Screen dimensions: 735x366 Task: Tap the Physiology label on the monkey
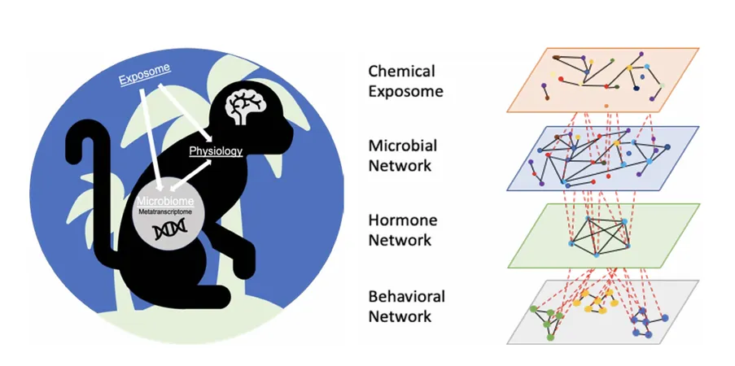point(216,151)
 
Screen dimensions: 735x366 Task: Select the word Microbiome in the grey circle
point(165,202)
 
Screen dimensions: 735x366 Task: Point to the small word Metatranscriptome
point(165,211)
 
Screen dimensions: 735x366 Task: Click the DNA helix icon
point(168,229)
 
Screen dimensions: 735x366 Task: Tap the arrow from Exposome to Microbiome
point(151,139)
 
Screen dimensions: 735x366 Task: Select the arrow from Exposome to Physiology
point(185,112)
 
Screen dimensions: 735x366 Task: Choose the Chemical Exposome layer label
point(405,81)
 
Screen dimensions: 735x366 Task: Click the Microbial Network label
point(402,155)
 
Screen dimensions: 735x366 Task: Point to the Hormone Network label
point(402,229)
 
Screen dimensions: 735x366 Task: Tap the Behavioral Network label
point(406,306)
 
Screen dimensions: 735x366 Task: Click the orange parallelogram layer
point(602,80)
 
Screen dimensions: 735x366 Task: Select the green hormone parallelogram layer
point(602,235)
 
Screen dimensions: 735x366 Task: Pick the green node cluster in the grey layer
point(545,322)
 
